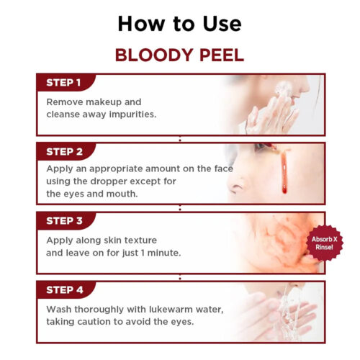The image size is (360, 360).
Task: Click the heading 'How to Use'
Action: [x=179, y=23]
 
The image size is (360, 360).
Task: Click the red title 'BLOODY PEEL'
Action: [x=179, y=55]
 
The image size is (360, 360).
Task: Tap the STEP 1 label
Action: [x=64, y=82]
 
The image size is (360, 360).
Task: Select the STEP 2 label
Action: [x=64, y=152]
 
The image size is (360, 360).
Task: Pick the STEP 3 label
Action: [x=64, y=222]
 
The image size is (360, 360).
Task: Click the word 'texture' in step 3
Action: [x=135, y=240]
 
